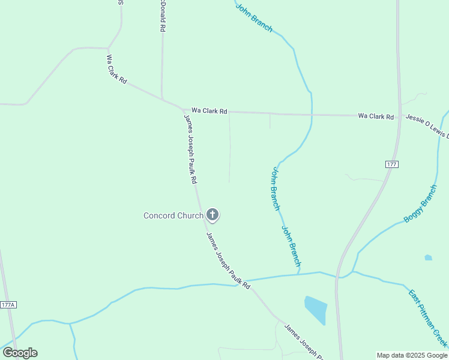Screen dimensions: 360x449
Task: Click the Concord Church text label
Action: pos(173,215)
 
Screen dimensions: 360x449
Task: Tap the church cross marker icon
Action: pos(212,214)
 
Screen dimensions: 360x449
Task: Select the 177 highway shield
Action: pos(392,164)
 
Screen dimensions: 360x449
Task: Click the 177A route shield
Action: pos(8,305)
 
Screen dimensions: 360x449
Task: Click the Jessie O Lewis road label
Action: pos(427,127)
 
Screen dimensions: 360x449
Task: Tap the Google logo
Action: pos(20,353)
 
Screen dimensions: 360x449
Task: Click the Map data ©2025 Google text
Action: pos(412,355)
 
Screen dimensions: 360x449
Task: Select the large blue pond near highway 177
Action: pos(316,309)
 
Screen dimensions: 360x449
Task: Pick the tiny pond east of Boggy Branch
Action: pos(428,257)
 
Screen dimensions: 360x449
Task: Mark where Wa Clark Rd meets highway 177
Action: pos(399,116)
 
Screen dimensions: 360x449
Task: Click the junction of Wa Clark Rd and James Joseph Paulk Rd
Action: pos(183,110)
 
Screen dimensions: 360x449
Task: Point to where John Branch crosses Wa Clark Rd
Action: pos(312,114)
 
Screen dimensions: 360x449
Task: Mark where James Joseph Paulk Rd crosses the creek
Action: pos(243,281)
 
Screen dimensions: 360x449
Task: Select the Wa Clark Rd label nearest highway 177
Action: pos(376,116)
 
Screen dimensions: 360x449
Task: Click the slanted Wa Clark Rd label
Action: pos(116,70)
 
